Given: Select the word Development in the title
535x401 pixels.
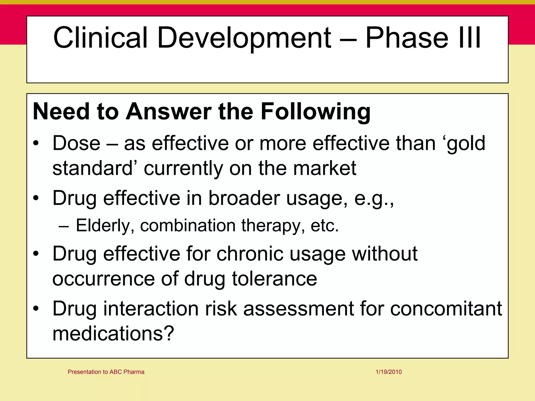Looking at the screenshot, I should pos(244,38).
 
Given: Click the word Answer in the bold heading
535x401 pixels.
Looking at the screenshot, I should pos(169,111).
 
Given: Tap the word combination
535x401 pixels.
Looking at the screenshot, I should pos(188,225).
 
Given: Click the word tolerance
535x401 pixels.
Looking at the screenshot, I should pos(274,279).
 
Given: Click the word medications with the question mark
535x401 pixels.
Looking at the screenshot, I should pos(113,333).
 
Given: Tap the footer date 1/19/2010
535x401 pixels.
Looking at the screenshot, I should pos(389,372).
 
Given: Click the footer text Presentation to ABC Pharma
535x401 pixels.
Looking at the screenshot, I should pos(106,372).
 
